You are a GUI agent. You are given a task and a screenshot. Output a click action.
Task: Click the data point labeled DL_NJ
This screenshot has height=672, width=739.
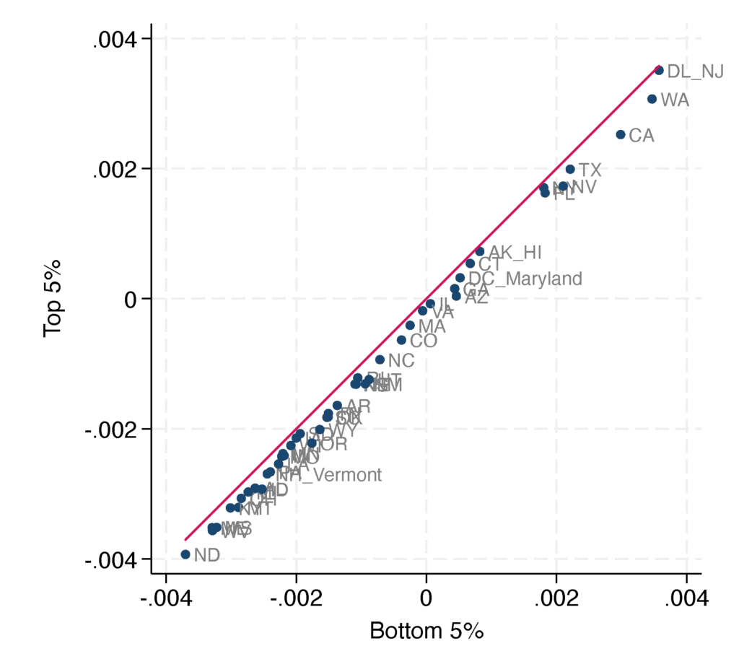pyautogui.click(x=659, y=70)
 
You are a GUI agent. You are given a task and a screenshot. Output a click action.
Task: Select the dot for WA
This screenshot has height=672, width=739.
pyautogui.click(x=652, y=99)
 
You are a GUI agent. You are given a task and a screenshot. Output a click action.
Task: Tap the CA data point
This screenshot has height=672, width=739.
pyautogui.click(x=621, y=134)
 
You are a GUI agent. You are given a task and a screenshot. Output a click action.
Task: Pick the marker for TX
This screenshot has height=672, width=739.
pyautogui.click(x=570, y=169)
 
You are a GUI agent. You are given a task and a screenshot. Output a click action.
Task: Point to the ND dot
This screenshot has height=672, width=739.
pyautogui.click(x=185, y=554)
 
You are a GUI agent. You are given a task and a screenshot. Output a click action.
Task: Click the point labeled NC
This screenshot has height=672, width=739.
pyautogui.click(x=380, y=359)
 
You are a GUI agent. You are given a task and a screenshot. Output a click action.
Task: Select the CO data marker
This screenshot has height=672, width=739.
pyautogui.click(x=401, y=340)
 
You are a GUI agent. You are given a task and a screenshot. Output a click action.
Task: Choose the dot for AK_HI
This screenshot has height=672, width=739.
pyautogui.click(x=480, y=251)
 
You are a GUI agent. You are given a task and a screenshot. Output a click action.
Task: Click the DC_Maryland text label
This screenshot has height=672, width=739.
pyautogui.click(x=525, y=279)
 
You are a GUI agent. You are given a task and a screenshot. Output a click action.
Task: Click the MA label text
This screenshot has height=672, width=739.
pyautogui.click(x=432, y=326)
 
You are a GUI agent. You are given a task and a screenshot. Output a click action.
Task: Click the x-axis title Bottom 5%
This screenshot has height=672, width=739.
pyautogui.click(x=426, y=631)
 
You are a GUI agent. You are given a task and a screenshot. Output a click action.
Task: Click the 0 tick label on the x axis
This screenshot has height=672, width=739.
pyautogui.click(x=426, y=601)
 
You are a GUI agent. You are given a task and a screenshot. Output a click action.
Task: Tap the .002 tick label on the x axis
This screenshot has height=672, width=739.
pyautogui.click(x=556, y=601)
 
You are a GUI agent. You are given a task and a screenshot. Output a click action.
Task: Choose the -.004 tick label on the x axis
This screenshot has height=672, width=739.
pyautogui.click(x=165, y=601)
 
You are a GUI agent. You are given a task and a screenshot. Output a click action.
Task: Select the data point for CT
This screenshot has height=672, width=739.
pyautogui.click(x=470, y=263)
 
